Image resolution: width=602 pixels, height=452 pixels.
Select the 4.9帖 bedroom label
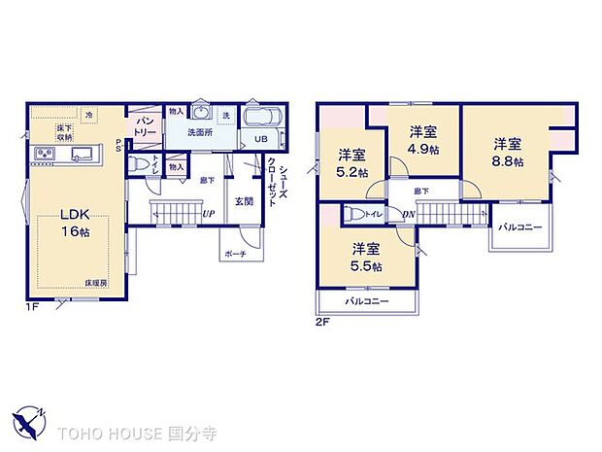point(422,140)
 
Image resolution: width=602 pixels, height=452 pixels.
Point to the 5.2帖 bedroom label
point(351,163)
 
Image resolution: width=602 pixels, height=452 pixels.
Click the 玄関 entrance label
point(243,202)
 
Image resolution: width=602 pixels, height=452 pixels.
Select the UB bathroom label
point(261,139)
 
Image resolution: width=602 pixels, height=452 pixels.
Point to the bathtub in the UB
point(260,118)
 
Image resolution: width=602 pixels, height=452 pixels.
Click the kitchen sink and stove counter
point(62,154)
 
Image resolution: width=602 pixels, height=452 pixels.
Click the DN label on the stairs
point(409,213)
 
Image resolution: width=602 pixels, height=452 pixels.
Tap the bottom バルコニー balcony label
point(367,301)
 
